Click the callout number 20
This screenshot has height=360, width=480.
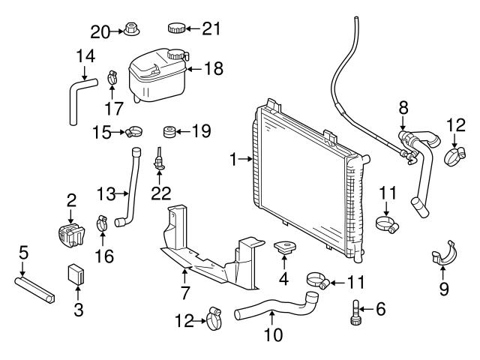click(x=100, y=31)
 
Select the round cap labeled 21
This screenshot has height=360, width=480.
click(x=176, y=28)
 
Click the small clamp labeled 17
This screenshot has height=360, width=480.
click(x=113, y=76)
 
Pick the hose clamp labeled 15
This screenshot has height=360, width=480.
click(x=133, y=133)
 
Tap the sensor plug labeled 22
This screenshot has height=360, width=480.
click(x=159, y=160)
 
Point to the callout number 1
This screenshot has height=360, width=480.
click(x=234, y=159)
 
